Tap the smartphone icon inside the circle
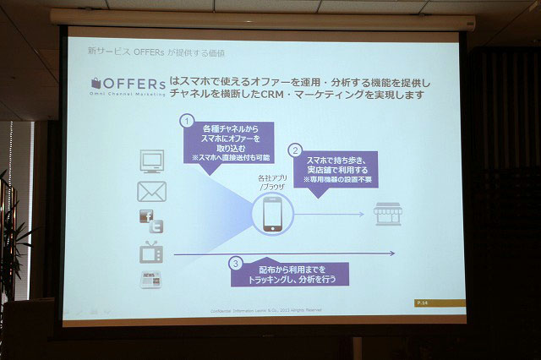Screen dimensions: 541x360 (x=272, y=215)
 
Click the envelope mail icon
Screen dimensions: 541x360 (x=152, y=191)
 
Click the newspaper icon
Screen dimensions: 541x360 (x=151, y=280)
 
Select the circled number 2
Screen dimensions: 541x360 (x=296, y=150)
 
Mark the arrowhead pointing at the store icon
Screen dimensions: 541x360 (x=363, y=215)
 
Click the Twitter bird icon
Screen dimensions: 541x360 (x=156, y=226)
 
